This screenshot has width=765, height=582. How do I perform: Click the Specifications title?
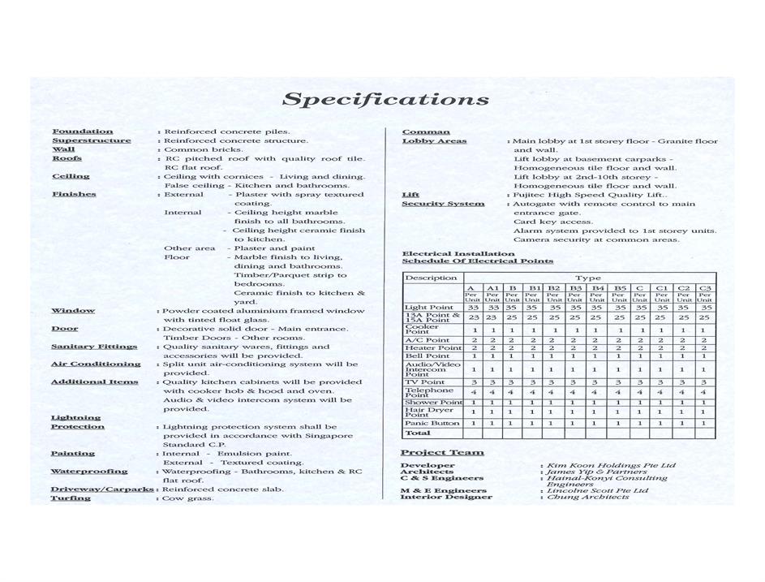pyautogui.click(x=385, y=100)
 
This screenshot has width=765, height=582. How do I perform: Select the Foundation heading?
pyautogui.click(x=82, y=131)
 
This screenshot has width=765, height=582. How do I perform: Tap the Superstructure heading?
pyautogui.click(x=91, y=140)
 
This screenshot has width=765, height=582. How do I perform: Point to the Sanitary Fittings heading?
pyautogui.click(x=93, y=347)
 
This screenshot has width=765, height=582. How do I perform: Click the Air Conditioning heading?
pyautogui.click(x=95, y=364)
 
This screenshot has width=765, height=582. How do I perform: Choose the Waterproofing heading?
pyautogui.click(x=88, y=472)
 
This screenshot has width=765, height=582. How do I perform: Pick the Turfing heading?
pyautogui.click(x=71, y=498)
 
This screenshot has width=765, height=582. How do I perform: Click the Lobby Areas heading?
pyautogui.click(x=434, y=141)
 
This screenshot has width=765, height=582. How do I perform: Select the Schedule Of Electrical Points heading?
pyautogui.click(x=478, y=261)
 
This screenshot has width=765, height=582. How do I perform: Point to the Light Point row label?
pyautogui.click(x=428, y=308)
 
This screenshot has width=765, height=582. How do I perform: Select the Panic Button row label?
pyautogui.click(x=432, y=423)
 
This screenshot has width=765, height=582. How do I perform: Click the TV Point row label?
pyautogui.click(x=424, y=382)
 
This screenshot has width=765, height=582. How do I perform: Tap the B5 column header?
pyautogui.click(x=619, y=288)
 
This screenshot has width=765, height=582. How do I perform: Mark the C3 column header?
pyautogui.click(x=704, y=288)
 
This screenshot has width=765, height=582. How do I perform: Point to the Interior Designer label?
pyautogui.click(x=445, y=497)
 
